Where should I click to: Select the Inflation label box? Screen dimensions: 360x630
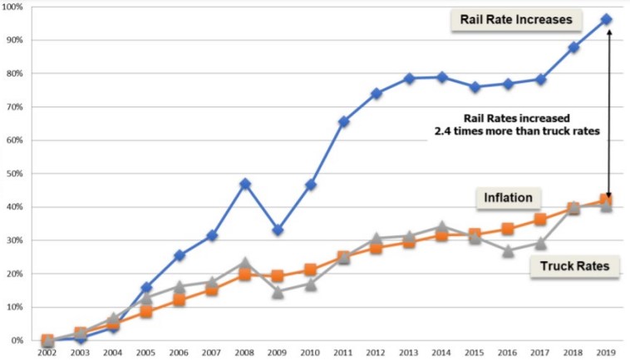[509, 198]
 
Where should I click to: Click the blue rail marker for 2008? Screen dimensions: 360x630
[245, 184]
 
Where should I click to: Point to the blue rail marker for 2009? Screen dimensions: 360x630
[278, 229]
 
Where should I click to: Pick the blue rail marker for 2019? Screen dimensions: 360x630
[607, 19]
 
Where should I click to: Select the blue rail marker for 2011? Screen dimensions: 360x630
[343, 121]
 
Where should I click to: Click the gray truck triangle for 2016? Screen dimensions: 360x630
[508, 250]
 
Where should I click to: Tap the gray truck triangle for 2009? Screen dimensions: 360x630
[278, 292]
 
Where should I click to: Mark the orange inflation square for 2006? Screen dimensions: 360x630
[179, 300]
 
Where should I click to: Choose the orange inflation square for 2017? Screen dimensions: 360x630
[541, 219]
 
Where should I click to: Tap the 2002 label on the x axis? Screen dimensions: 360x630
[47, 353]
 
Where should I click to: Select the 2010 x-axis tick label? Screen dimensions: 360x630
[311, 353]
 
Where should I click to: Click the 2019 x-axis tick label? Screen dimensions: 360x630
[607, 353]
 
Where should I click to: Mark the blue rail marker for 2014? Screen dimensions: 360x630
[442, 77]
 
